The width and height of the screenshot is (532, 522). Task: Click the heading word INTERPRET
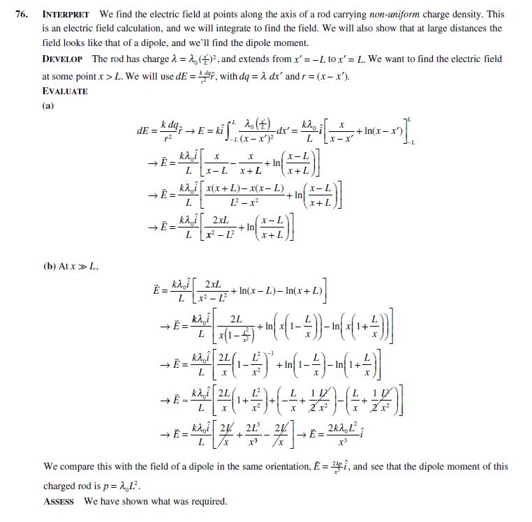point(66,14)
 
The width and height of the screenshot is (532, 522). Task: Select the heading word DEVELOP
point(64,59)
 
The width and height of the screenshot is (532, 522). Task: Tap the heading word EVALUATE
point(65,91)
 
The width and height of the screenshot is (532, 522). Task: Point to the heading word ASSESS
point(59,501)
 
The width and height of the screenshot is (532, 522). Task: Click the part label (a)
point(48,106)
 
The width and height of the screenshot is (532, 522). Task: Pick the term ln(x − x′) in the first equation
point(392,130)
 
